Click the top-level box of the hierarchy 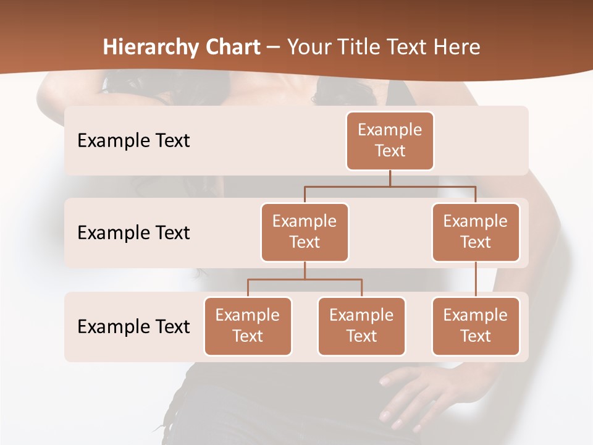(390, 140)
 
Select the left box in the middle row (305, 232)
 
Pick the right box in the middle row (476, 232)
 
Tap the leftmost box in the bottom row (248, 326)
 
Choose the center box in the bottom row (361, 326)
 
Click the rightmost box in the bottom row (476, 326)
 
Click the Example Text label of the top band (133, 141)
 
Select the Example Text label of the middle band (133, 233)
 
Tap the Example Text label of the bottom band (133, 326)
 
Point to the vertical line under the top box (390, 178)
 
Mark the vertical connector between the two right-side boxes (476, 279)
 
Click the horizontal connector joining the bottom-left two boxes (305, 279)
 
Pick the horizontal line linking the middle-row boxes (390, 185)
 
